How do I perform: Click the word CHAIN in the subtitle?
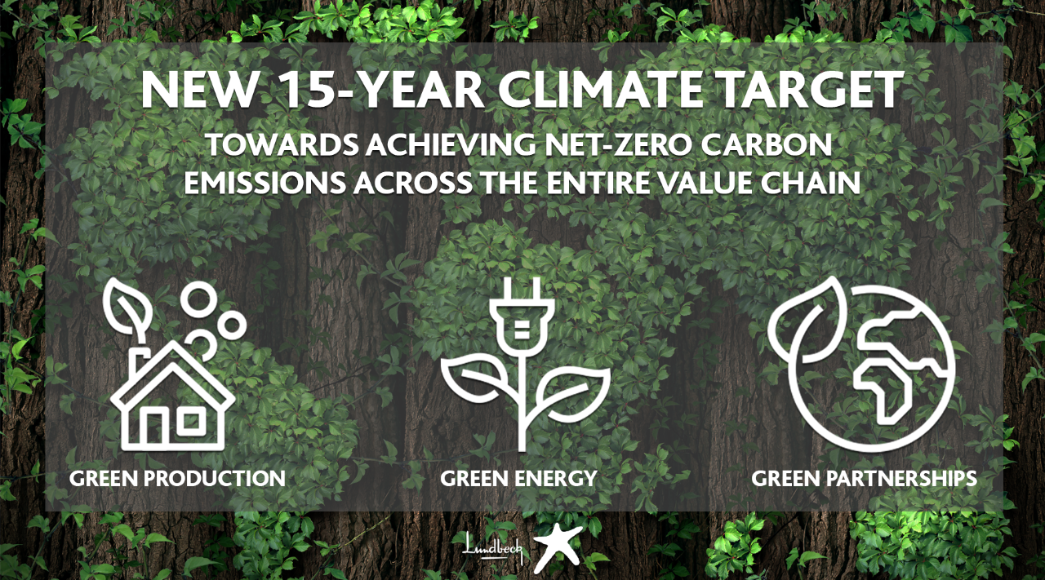(811, 183)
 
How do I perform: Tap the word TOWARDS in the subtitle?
(283, 144)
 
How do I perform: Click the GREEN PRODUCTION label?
(177, 478)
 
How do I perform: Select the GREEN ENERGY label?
(518, 478)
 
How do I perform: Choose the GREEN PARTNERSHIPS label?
(864, 478)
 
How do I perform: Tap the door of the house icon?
(155, 427)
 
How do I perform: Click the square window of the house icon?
(191, 422)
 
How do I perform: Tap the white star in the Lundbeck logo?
(558, 547)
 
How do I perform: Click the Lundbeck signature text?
(492, 547)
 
